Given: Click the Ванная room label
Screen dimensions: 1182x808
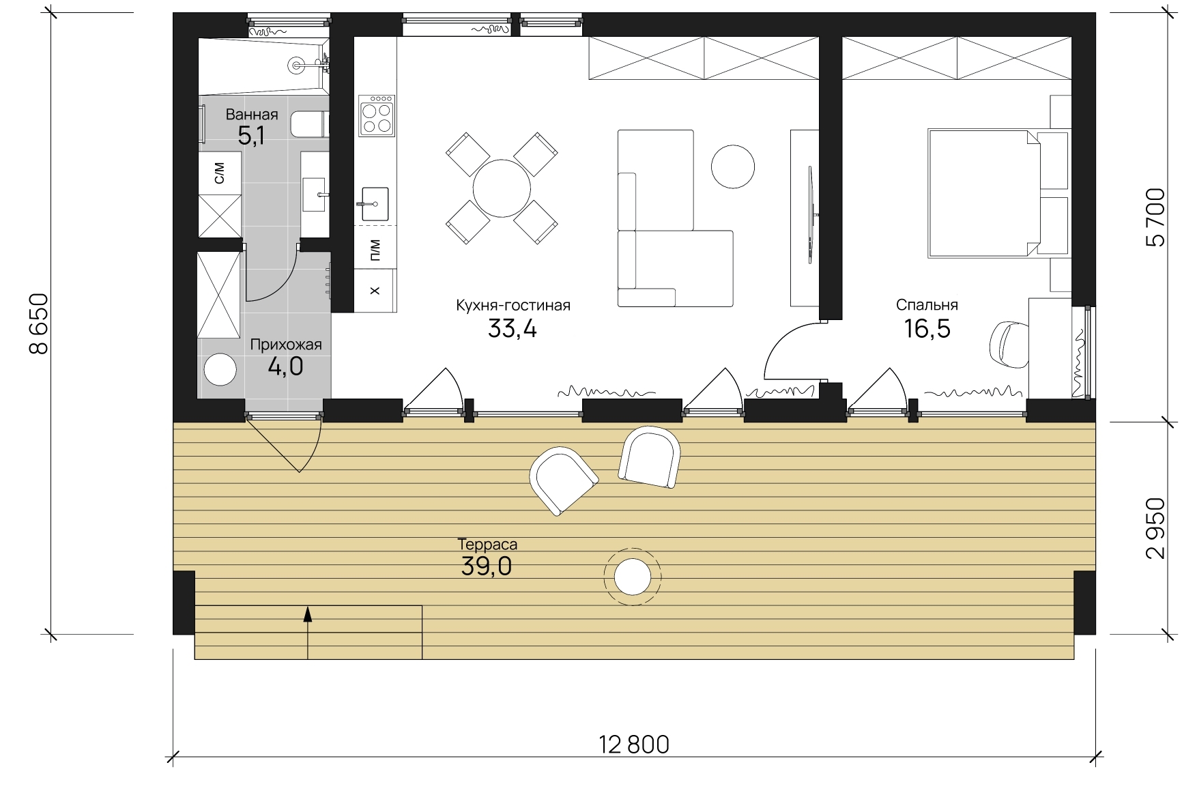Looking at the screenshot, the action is tap(252, 115).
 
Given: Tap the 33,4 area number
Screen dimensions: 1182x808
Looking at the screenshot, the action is tap(513, 329).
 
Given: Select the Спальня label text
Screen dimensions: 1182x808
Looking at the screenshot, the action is tap(927, 305).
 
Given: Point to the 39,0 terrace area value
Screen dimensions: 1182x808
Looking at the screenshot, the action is tap(487, 566).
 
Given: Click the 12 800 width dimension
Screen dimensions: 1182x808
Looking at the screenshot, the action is tap(635, 745).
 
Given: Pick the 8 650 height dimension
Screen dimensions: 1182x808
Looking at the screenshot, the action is tap(40, 323).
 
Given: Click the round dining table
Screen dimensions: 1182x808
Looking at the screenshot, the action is tap(502, 188).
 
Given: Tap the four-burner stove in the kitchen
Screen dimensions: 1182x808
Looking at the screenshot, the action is tap(377, 116).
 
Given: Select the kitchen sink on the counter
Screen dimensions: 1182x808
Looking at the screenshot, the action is tap(375, 204).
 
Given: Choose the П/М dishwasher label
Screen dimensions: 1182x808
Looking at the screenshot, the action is tap(375, 250).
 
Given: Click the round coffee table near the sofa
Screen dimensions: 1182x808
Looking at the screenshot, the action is tap(733, 167).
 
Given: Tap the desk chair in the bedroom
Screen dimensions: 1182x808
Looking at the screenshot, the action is tap(1009, 345).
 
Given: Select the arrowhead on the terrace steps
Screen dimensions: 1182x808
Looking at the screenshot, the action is tap(308, 614).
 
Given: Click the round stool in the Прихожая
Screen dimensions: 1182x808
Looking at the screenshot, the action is tap(220, 371).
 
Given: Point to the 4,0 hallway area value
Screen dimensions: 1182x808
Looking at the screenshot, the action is tap(285, 367).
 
